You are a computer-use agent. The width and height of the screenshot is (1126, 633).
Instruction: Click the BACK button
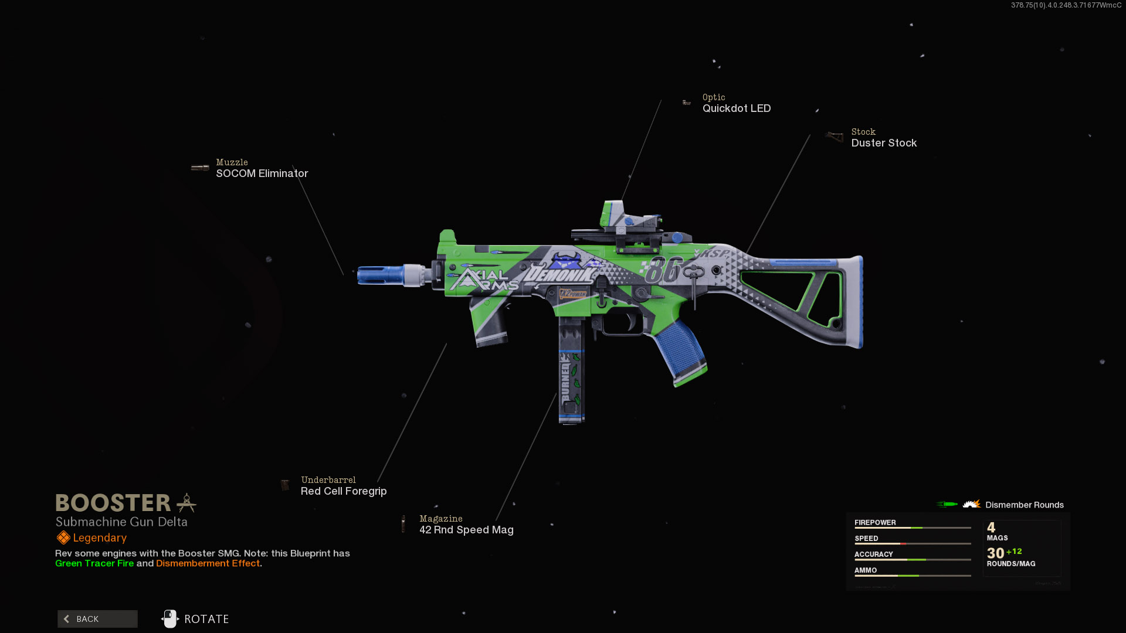click(97, 619)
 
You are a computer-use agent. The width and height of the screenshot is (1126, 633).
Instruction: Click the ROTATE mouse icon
click(170, 619)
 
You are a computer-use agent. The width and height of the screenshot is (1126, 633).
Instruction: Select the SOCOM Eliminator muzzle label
click(262, 173)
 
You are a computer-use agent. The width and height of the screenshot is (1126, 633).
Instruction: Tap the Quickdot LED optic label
click(736, 108)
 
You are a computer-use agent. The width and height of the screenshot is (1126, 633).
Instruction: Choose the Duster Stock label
click(883, 143)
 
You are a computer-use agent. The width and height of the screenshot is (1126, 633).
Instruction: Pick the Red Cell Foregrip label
click(343, 491)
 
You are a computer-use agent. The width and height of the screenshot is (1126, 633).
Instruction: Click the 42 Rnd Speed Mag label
click(466, 530)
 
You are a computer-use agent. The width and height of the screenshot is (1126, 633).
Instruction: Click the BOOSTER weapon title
click(113, 503)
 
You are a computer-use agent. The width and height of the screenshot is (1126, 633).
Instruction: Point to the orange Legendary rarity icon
click(63, 537)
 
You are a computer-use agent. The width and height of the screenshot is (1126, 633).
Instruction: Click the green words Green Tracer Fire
click(94, 563)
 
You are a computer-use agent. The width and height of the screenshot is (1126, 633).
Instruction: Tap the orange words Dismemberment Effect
click(208, 563)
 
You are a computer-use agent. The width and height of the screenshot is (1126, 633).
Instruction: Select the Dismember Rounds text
click(1024, 505)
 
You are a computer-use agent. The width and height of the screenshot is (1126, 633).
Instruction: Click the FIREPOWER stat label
click(874, 522)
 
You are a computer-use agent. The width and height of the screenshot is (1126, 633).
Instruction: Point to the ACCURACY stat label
click(873, 554)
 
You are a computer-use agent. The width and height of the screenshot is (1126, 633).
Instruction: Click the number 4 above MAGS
click(991, 527)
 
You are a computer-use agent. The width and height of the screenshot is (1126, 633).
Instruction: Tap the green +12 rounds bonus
click(1014, 552)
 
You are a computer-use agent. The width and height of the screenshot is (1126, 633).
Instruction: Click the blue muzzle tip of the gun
click(379, 275)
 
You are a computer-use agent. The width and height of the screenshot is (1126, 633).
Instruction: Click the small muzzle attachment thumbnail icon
click(200, 168)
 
